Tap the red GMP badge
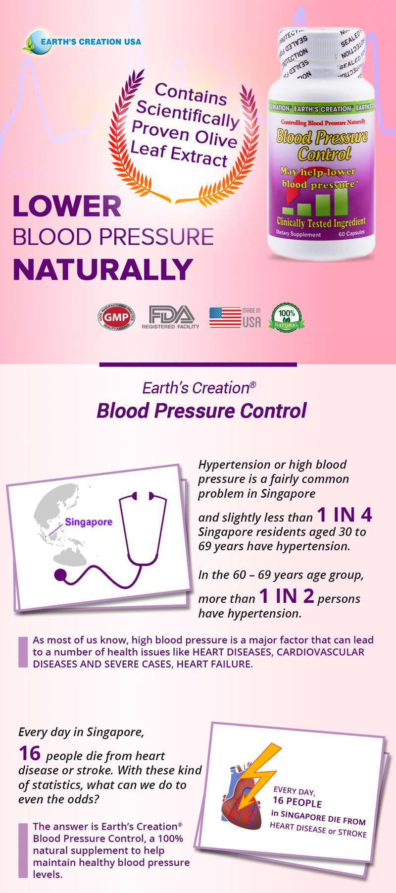116,317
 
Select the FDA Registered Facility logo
171,317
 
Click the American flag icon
225,317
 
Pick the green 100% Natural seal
286,317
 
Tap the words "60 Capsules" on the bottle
351,233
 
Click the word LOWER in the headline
67,207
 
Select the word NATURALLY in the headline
102,269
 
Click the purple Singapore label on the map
89,522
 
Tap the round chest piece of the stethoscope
60,575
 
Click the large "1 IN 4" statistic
345,515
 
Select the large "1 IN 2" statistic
287,596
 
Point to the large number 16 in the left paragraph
29,753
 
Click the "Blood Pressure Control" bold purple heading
201,411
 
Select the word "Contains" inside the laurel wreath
191,94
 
